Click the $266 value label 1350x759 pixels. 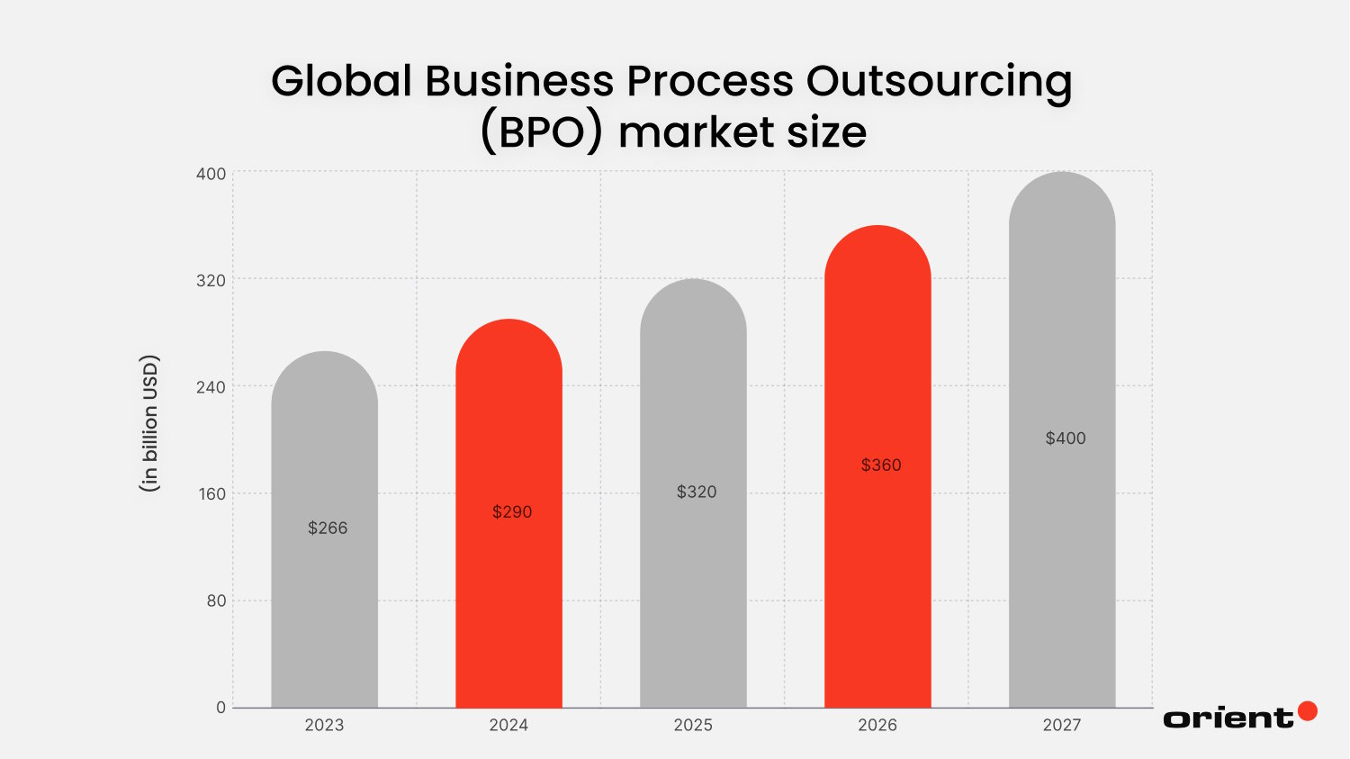tap(328, 528)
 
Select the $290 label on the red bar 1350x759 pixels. tap(512, 511)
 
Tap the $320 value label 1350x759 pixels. tap(697, 492)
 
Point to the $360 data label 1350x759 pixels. tap(881, 465)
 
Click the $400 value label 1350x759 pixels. tap(1066, 438)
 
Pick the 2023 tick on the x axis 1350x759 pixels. tap(324, 725)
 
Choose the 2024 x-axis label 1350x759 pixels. tap(508, 725)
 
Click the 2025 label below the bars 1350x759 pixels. tap(693, 725)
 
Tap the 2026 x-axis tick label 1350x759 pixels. tap(877, 725)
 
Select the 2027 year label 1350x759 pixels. tap(1062, 725)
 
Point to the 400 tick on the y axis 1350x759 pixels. tap(211, 174)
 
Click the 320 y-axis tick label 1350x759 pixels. tap(211, 281)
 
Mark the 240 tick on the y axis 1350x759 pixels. tap(211, 387)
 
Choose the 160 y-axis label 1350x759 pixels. tap(211, 494)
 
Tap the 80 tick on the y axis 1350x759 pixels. tap(216, 601)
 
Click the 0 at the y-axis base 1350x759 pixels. tap(220, 708)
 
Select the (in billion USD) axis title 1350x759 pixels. tap(149, 423)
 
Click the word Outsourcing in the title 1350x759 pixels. tap(939, 81)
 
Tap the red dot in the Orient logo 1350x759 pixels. tap(1308, 711)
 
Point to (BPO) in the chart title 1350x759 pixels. tap(541, 132)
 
